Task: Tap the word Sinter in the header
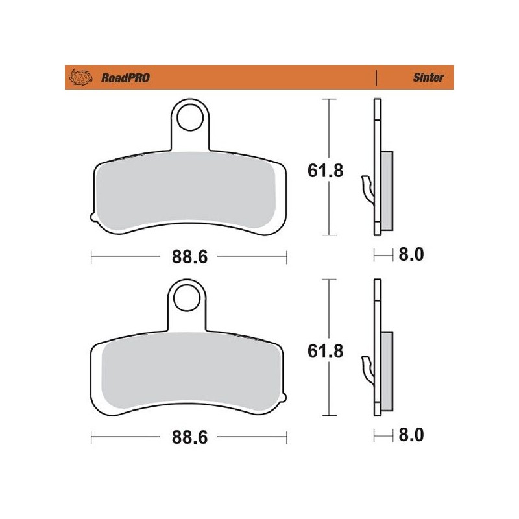[429, 78]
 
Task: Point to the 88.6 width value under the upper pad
[189, 258]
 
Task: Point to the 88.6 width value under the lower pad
[189, 438]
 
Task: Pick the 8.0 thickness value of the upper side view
[409, 255]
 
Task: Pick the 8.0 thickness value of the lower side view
[409, 435]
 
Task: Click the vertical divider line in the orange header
[376, 78]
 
